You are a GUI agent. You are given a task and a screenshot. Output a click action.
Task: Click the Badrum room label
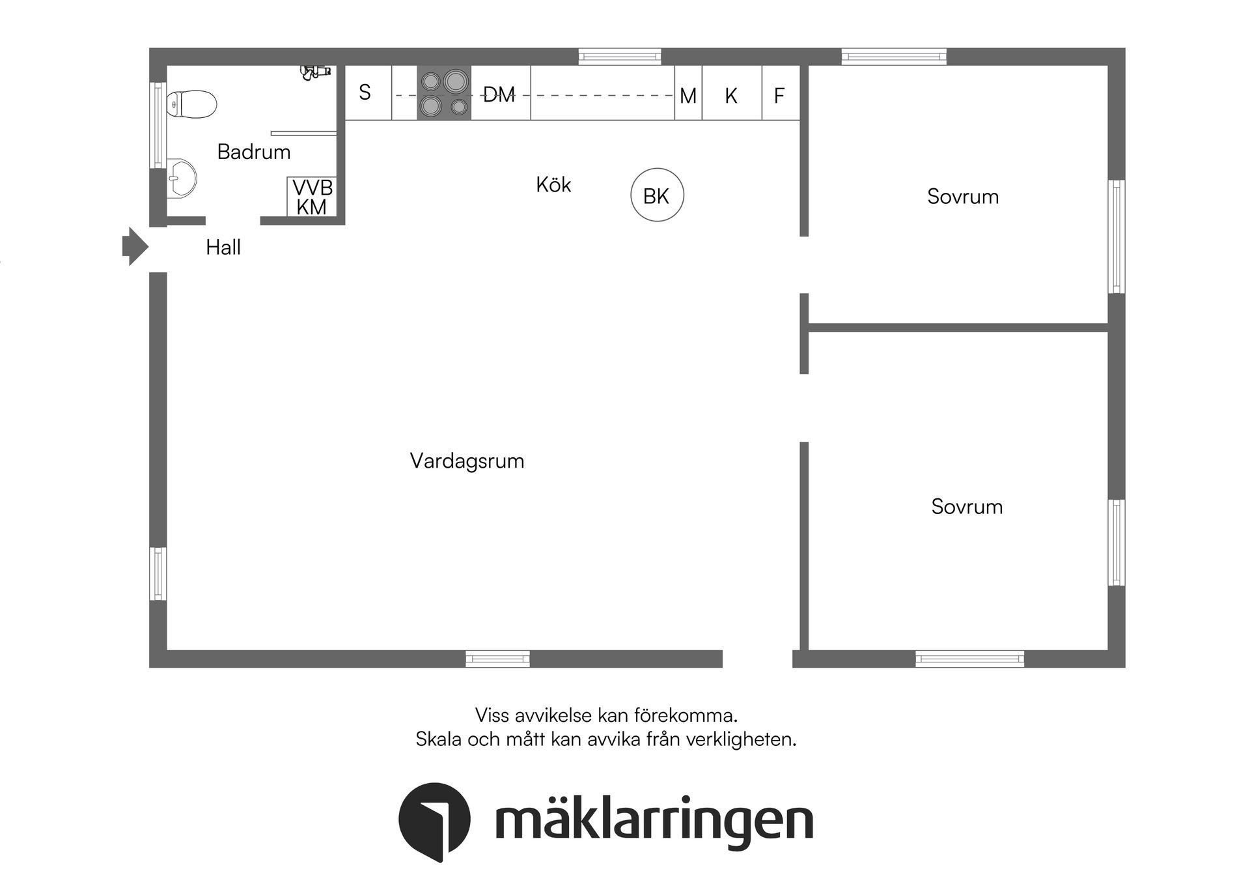coord(254,152)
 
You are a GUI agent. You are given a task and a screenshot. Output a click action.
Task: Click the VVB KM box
coord(312,197)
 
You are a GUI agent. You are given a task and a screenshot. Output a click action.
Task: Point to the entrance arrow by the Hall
coord(135,247)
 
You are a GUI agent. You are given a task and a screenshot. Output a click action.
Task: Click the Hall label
coord(223,248)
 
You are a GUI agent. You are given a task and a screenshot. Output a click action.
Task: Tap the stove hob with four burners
coord(444,93)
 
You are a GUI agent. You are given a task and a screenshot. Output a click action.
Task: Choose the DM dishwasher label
coord(499,95)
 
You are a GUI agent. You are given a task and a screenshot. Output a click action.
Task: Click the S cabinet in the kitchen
coord(365,93)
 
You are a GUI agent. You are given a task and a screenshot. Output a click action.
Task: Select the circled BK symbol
coord(657,195)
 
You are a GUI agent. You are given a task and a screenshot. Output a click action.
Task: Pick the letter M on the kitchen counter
coord(688,96)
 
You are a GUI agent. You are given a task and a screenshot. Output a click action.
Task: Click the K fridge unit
coord(731,96)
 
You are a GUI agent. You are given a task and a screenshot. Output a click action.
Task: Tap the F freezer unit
coord(779,96)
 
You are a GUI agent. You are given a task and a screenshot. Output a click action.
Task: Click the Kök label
coord(553,185)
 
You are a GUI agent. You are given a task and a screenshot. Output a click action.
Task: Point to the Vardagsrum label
coord(467,461)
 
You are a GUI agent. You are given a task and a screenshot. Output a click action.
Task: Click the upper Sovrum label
coord(963,197)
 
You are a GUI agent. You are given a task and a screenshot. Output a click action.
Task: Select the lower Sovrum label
coord(967,507)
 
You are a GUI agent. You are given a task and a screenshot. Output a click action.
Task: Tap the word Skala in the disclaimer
coord(439,739)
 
